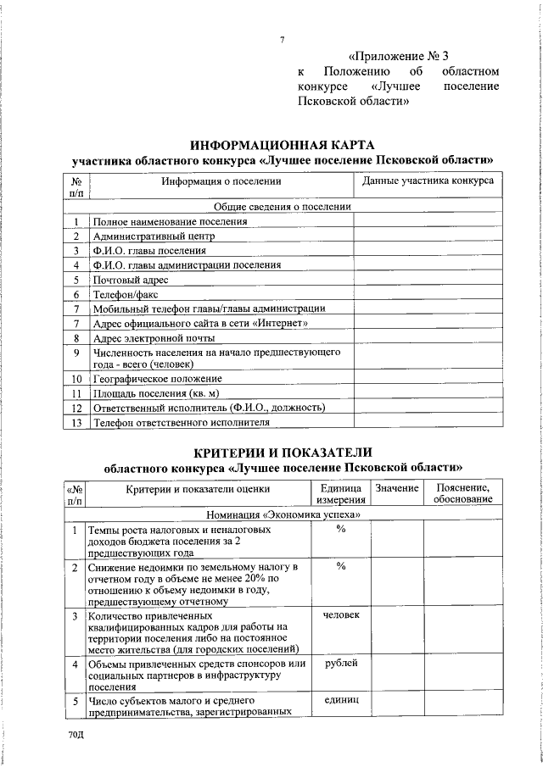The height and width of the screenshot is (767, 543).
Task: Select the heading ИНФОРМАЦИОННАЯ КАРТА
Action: tap(282, 145)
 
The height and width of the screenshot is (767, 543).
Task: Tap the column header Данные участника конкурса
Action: tap(428, 181)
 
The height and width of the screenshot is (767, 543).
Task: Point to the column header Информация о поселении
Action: tap(221, 181)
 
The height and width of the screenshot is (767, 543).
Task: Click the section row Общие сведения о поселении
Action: tap(282, 207)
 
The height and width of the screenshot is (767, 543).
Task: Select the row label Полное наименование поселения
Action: tap(171, 222)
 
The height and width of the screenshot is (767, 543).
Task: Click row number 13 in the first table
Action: tap(76, 422)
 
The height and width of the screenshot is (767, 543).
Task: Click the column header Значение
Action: tap(396, 488)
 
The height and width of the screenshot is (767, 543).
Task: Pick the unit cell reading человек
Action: tap(341, 614)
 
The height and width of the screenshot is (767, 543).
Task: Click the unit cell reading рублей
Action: tap(341, 663)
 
